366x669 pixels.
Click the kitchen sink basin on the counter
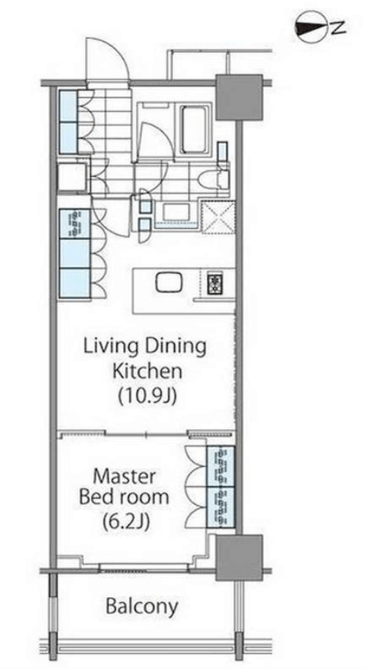click(x=169, y=282)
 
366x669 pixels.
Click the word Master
click(x=124, y=476)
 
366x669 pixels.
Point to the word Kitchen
click(x=147, y=371)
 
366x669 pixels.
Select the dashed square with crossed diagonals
click(x=219, y=217)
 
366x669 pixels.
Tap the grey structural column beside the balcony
click(x=238, y=558)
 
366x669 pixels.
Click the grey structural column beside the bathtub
click(x=238, y=97)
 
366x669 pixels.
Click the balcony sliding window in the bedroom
click(x=143, y=568)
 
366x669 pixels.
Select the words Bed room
click(x=124, y=497)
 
